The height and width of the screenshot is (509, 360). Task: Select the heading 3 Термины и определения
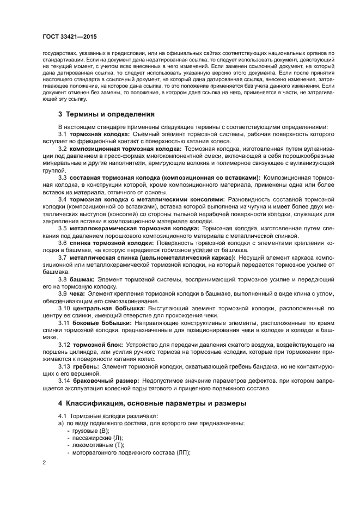106,115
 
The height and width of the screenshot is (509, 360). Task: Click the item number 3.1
62,134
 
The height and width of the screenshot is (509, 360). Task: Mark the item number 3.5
63,228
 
